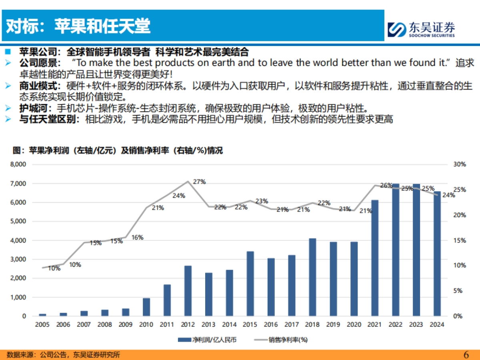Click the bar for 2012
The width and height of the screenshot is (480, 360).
click(x=188, y=290)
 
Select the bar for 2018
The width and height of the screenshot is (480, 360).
click(x=312, y=277)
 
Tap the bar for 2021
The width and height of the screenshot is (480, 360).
click(x=375, y=258)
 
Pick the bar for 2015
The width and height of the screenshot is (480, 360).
click(x=250, y=283)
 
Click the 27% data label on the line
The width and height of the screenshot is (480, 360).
click(x=199, y=182)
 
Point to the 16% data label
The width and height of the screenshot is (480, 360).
click(x=137, y=237)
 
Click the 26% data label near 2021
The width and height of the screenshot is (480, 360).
click(x=386, y=186)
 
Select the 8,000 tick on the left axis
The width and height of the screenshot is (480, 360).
click(x=18, y=164)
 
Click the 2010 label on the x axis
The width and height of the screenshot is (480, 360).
click(x=146, y=325)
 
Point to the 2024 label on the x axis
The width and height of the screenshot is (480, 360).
click(x=437, y=325)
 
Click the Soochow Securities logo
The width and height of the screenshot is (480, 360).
click(x=421, y=29)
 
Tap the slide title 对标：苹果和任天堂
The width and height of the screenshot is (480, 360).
click(x=78, y=26)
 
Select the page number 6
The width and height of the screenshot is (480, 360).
click(x=466, y=354)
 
